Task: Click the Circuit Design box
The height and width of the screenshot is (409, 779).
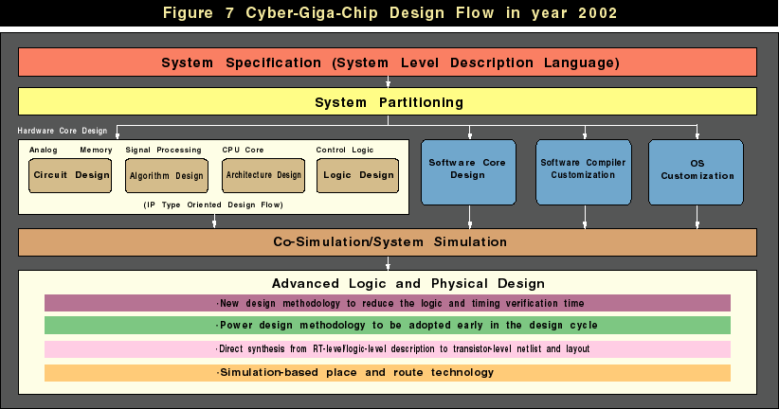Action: pos(70,175)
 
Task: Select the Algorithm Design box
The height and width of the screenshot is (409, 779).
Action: pos(167,175)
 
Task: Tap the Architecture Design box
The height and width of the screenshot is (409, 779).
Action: pos(263,175)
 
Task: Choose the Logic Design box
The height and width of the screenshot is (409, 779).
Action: pos(357,175)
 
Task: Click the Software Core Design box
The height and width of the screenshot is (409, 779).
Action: pos(468,172)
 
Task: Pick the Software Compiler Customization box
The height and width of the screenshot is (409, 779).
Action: pos(584,172)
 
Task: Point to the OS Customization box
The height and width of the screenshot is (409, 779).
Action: pos(696,172)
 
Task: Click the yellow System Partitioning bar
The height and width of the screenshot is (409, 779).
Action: pos(388,101)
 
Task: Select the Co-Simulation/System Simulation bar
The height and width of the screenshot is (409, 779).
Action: pos(388,242)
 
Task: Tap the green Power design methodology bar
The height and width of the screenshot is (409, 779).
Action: pos(388,325)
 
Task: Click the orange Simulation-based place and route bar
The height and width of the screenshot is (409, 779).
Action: pos(388,373)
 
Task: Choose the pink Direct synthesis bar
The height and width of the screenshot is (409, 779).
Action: pos(388,349)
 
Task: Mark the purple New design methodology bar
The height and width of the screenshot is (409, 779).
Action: pos(388,303)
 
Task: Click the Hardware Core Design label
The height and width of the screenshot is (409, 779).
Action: pos(63,131)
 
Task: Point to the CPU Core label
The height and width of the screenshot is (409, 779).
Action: pos(243,150)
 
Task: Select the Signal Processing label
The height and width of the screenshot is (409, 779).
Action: pos(163,150)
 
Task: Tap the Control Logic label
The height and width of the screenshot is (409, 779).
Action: pos(345,150)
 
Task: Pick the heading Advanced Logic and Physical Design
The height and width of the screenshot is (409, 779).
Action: pos(408,283)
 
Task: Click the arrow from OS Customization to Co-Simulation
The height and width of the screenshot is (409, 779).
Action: pos(697,217)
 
